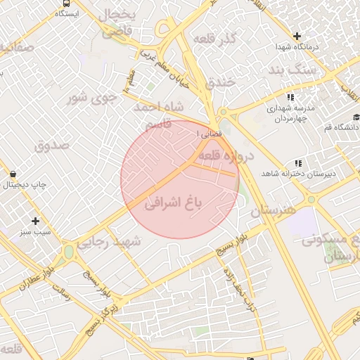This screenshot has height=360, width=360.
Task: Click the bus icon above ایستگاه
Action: (65, 4)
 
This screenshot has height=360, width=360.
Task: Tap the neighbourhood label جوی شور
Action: (89, 97)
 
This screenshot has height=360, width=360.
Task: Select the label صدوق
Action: (51, 146)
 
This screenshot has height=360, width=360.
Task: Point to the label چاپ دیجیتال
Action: (25, 185)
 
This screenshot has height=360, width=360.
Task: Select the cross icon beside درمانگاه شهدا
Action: (297, 36)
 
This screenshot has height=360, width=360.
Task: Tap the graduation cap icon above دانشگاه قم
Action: (356, 117)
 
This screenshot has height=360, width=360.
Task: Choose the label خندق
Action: (224, 83)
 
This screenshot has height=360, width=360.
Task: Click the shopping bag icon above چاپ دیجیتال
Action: (13, 173)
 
